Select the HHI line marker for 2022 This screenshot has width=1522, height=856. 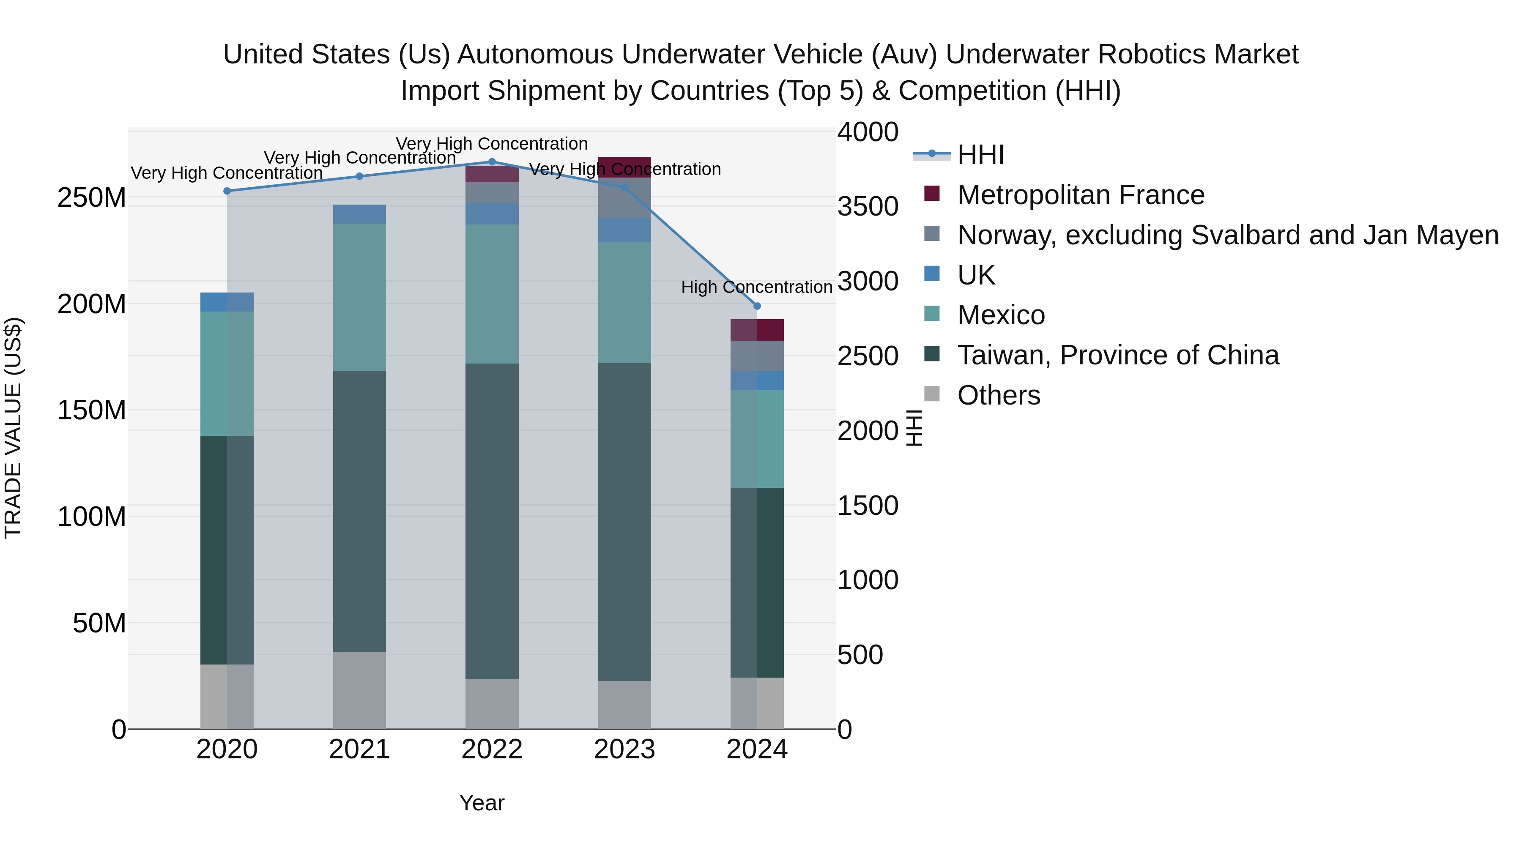pyautogui.click(x=492, y=162)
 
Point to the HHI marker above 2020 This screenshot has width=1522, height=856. pyautogui.click(x=227, y=191)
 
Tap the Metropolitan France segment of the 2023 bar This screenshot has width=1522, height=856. pyautogui.click(x=624, y=167)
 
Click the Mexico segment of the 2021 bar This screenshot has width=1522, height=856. pyautogui.click(x=359, y=297)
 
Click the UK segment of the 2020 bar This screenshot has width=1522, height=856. pyautogui.click(x=227, y=302)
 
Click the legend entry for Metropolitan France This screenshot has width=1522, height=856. pyautogui.click(x=1080, y=195)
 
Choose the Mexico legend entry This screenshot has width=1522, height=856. pyautogui.click(x=1001, y=315)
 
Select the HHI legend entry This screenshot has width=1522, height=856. pyautogui.click(x=981, y=155)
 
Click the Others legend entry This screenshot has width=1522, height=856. pyautogui.click(x=999, y=395)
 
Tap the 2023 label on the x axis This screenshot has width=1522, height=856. pyautogui.click(x=624, y=749)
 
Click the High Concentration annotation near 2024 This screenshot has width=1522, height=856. pyautogui.click(x=756, y=287)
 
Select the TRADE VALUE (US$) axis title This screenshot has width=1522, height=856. pyautogui.click(x=13, y=428)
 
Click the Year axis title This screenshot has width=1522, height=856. pyautogui.click(x=482, y=803)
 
